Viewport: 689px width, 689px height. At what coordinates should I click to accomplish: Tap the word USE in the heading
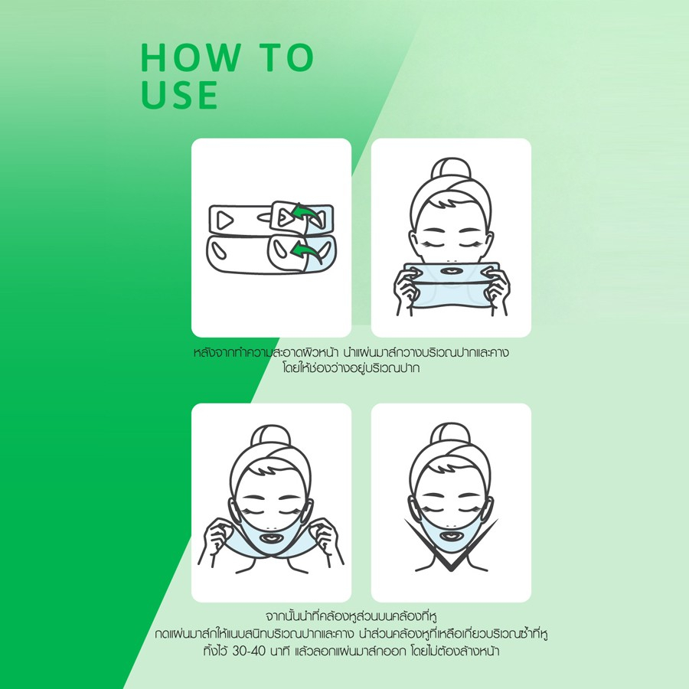[x=179, y=94]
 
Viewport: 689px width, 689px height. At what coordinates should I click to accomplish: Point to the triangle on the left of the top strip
[x=224, y=220]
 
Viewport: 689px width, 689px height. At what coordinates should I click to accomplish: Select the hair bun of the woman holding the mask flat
[x=451, y=169]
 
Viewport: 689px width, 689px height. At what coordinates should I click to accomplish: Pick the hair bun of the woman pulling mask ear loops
[x=271, y=436]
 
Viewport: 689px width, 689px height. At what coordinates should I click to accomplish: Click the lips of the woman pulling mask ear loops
[x=272, y=537]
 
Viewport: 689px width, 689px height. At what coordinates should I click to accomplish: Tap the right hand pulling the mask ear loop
[x=325, y=539]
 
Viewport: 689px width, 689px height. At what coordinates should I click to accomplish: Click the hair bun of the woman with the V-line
[x=451, y=434]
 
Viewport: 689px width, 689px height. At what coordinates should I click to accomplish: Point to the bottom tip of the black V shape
[x=451, y=570]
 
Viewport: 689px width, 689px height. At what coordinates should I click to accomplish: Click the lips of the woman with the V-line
[x=451, y=537]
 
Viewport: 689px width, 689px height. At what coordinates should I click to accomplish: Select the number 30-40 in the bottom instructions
[x=249, y=651]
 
